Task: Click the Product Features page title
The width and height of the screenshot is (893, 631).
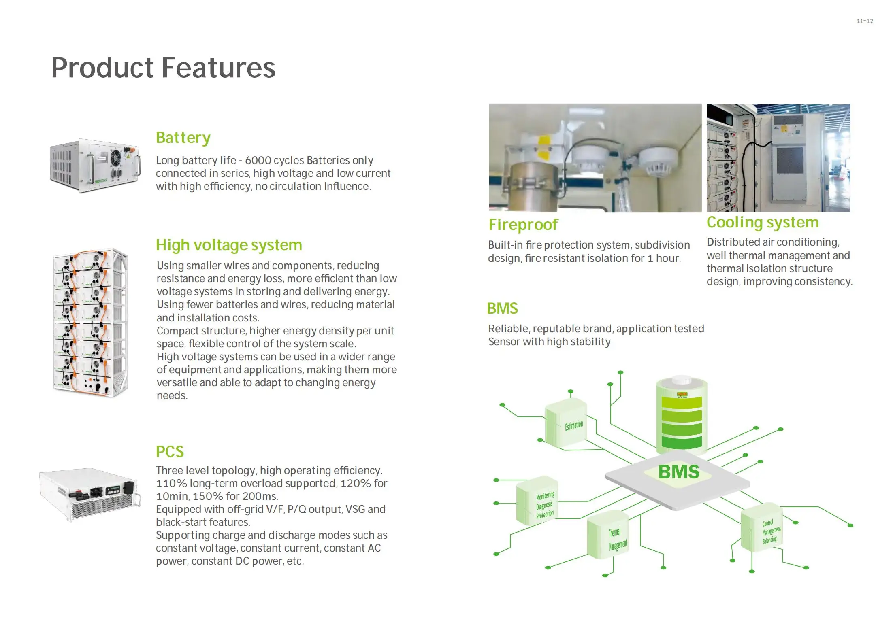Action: tap(163, 68)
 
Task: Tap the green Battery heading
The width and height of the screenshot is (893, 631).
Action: tap(183, 138)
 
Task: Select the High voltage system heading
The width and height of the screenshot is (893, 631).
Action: tap(229, 245)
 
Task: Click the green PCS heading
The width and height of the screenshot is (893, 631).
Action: tap(170, 451)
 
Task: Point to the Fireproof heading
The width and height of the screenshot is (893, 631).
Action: tap(523, 225)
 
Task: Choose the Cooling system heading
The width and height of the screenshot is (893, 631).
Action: tap(763, 222)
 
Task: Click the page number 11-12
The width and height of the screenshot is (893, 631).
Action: tap(865, 21)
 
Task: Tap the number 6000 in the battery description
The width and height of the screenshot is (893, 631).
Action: tap(258, 160)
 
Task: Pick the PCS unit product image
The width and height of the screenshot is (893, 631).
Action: tap(90, 495)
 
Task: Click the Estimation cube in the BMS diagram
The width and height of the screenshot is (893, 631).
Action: tap(566, 423)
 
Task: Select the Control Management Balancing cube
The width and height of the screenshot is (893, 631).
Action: tap(761, 528)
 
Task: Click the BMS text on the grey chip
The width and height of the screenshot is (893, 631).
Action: tap(679, 472)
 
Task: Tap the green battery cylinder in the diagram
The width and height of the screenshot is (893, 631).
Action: tap(682, 417)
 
